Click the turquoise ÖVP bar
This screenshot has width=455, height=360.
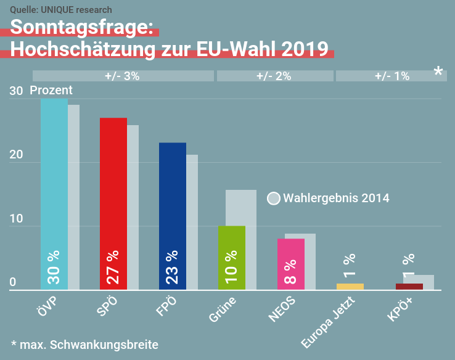(54, 185)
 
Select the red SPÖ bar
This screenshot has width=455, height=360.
(113, 197)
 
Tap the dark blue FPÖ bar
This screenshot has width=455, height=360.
(173, 210)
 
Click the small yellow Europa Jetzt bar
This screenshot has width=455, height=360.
(350, 286)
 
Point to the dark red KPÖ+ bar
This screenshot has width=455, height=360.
(409, 286)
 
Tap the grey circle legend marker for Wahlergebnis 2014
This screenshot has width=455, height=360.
(274, 198)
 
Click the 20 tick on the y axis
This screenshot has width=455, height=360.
(16, 155)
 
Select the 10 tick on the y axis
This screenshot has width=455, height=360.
(16, 219)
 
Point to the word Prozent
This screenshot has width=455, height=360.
(51, 90)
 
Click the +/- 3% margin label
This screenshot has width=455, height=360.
(122, 76)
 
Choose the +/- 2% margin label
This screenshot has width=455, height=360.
(274, 76)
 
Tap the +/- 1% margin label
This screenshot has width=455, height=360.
(392, 76)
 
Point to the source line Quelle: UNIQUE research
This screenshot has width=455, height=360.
(61, 10)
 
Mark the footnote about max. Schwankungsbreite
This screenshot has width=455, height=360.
(84, 344)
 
